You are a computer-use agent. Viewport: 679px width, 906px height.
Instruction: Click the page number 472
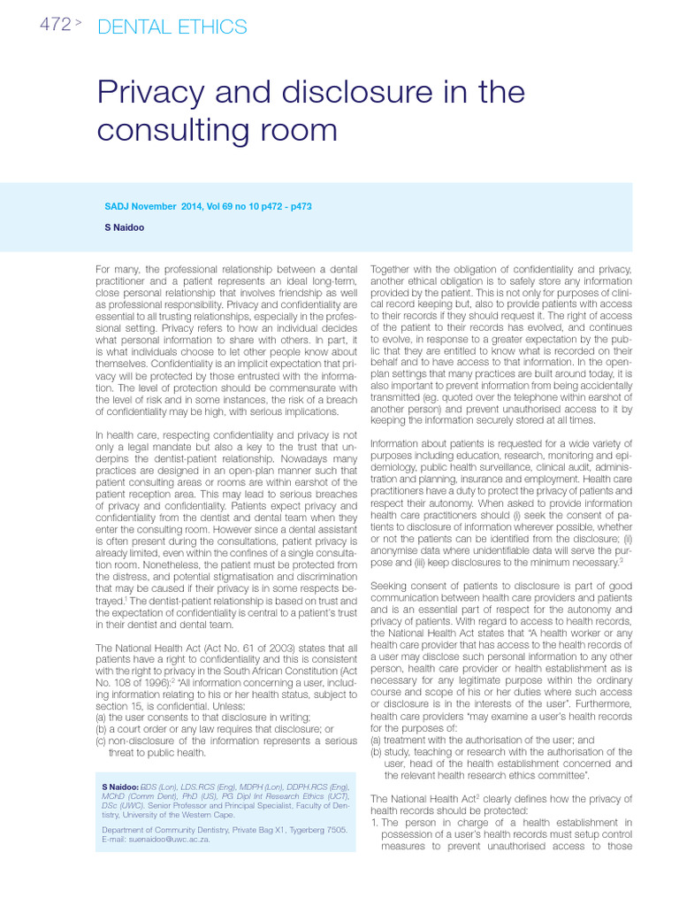click(x=55, y=25)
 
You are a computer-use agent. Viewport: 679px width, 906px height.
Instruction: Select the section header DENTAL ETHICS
click(x=172, y=27)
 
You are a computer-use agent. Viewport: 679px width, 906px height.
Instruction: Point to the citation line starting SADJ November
click(x=207, y=206)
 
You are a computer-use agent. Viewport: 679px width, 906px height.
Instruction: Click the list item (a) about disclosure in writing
click(x=202, y=717)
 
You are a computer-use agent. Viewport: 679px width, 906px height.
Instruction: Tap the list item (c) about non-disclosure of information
click(x=225, y=741)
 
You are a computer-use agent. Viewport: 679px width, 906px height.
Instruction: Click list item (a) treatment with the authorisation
click(x=482, y=740)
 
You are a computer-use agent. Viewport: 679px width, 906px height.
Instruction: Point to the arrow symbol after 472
click(x=79, y=25)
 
